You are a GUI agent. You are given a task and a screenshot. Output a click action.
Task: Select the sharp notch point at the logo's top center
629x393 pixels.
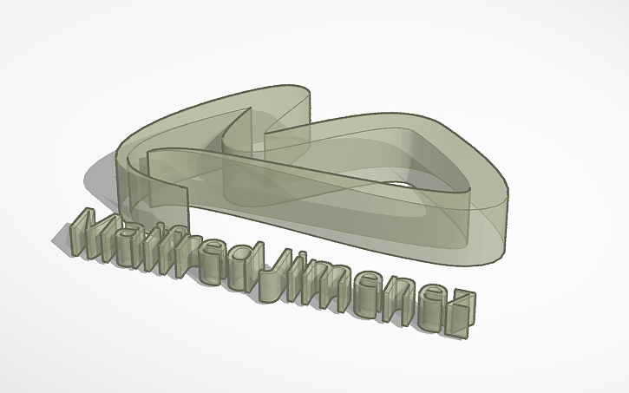[252, 110]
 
